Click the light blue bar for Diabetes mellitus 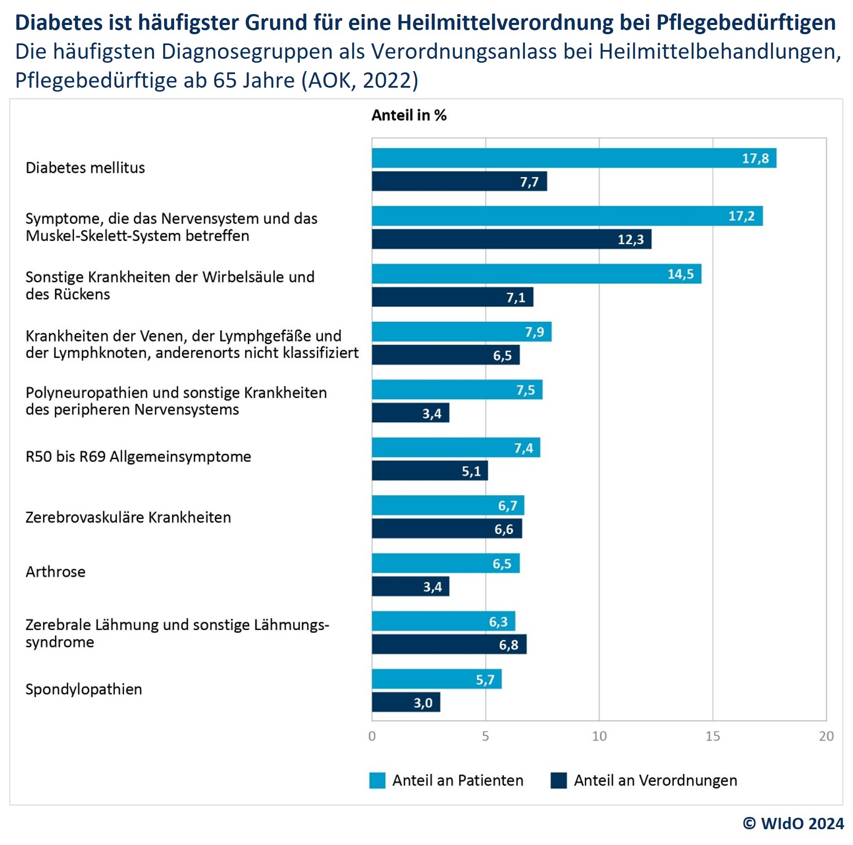coord(574,158)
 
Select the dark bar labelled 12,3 coord(511,239)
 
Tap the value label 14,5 coord(680,274)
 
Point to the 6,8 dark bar coord(449,645)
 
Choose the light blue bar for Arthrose coord(446,563)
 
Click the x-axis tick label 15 coord(712,736)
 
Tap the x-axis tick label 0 coord(372,736)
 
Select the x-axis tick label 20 coord(826,736)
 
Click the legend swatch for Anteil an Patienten coord(377,781)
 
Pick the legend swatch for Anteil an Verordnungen coord(559,781)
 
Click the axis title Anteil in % coord(409,115)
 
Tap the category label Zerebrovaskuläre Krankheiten coord(128,517)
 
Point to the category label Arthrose coord(56,572)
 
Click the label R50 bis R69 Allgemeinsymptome coord(138,456)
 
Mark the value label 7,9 coord(534,332)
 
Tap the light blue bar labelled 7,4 coord(456,448)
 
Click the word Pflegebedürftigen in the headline coord(746,22)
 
